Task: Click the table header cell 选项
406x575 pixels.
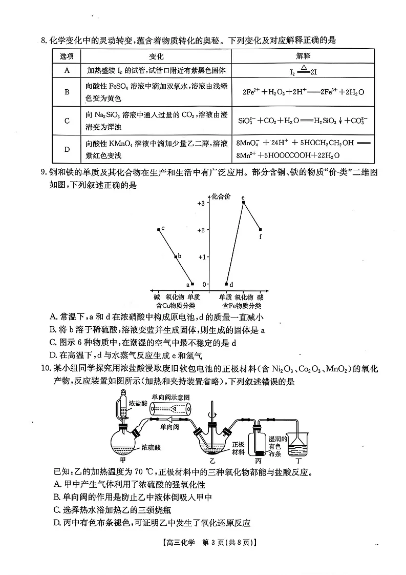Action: [67, 56]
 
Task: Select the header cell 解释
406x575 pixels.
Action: [303, 56]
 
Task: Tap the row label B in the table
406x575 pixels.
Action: [67, 92]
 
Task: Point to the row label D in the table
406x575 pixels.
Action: [67, 149]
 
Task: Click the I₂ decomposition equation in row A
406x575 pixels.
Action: [303, 71]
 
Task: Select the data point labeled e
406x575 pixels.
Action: [243, 202]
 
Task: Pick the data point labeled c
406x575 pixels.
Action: [159, 229]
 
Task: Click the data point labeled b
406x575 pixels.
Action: [176, 256]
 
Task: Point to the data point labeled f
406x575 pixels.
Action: [260, 230]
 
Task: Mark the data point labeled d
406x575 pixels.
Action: [226, 284]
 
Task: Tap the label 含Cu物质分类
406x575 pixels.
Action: [176, 306]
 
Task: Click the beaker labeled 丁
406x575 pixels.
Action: [296, 445]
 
